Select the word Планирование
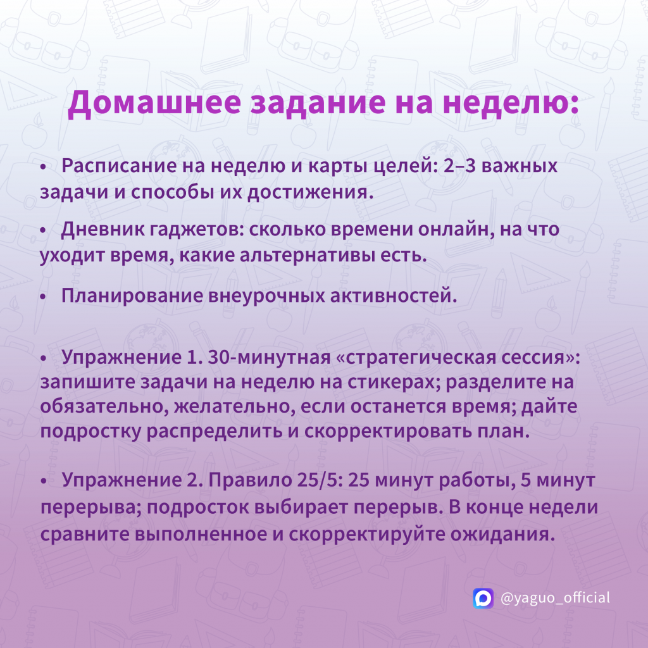(132, 296)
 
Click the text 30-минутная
(270, 358)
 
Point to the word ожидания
(502, 534)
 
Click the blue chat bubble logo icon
(483, 598)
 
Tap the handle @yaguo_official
(555, 598)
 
